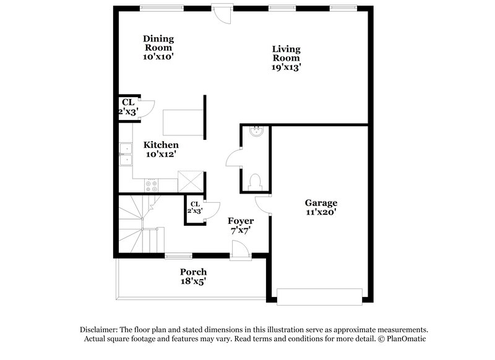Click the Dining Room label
pyautogui.click(x=158, y=43)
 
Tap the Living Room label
pyautogui.click(x=286, y=54)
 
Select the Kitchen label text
pyautogui.click(x=161, y=145)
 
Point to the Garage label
pyautogui.click(x=321, y=202)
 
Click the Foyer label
pyautogui.click(x=241, y=221)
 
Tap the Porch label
pyautogui.click(x=193, y=272)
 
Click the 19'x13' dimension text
pyautogui.click(x=286, y=68)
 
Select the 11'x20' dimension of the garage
pyautogui.click(x=321, y=212)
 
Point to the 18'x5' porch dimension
pyautogui.click(x=193, y=281)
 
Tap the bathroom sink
pyautogui.click(x=255, y=131)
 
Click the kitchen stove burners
pyautogui.click(x=150, y=184)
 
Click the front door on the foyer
pyautogui.click(x=239, y=251)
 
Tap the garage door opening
pyautogui.click(x=319, y=296)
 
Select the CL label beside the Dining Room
pyautogui.click(x=128, y=102)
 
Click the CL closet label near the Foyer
pyautogui.click(x=196, y=204)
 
